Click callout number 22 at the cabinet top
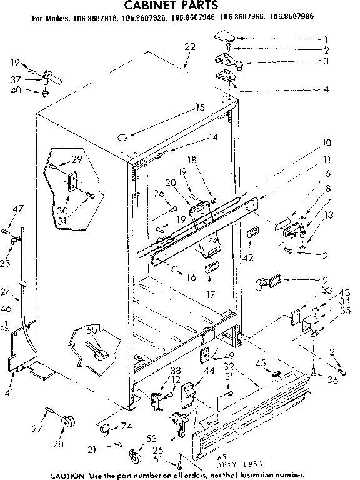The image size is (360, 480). (x=190, y=46)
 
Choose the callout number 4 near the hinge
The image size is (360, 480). (x=325, y=88)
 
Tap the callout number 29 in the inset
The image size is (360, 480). (x=76, y=159)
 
